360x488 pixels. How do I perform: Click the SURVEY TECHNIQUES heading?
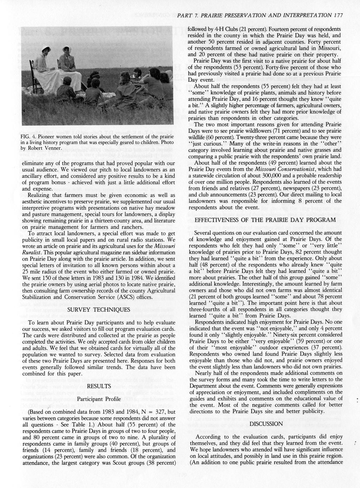[x=98, y=309]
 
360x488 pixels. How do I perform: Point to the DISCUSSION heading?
[x=266, y=424]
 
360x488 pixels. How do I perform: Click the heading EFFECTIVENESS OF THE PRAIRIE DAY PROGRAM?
[x=265, y=220]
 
